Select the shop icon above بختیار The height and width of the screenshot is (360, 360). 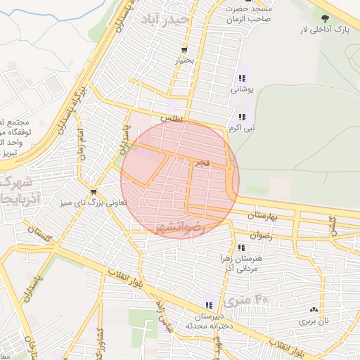[x=184, y=51]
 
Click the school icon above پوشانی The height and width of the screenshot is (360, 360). [x=242, y=78]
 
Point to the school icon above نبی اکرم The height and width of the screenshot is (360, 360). [x=242, y=117]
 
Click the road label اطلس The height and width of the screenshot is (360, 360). [x=171, y=120]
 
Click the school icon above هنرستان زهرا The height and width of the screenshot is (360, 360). [x=242, y=247]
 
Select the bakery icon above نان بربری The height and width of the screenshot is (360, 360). [x=314, y=309]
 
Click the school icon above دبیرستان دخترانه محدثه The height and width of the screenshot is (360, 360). [x=208, y=304]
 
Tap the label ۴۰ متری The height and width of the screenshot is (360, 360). [x=247, y=300]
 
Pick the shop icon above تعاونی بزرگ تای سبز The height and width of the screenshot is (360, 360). [x=94, y=191]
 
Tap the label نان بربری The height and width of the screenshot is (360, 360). [x=316, y=321]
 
